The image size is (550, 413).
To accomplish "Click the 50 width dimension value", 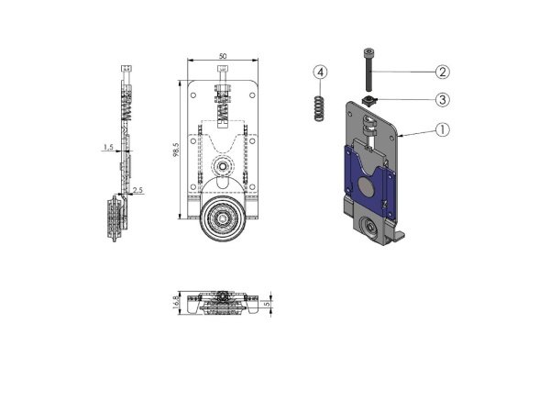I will [223, 56].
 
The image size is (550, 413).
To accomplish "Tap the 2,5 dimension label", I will [137, 191].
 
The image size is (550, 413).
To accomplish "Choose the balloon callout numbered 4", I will [319, 72].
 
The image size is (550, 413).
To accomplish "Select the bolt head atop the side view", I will [126, 70].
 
